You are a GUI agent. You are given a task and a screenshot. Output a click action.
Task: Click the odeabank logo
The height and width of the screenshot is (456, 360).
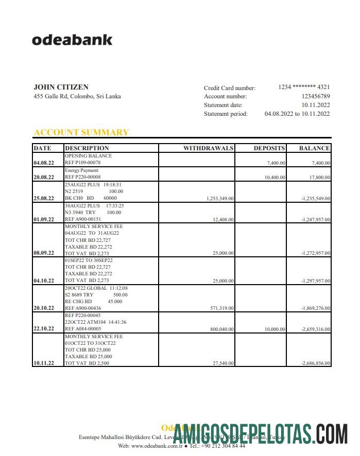click(72, 40)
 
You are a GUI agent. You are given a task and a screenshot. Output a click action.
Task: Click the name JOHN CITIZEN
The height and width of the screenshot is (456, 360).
click(61, 87)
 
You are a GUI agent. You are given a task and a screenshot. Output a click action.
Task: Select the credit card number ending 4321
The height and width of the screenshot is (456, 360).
click(304, 87)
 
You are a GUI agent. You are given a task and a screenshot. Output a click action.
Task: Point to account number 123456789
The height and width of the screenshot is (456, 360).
click(316, 96)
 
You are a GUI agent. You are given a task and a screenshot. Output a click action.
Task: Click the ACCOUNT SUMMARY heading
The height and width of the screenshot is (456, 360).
click(81, 132)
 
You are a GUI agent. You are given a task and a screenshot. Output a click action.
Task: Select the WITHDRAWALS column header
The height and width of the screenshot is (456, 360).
click(208, 148)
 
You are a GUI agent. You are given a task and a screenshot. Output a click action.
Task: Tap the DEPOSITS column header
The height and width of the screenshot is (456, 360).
click(269, 148)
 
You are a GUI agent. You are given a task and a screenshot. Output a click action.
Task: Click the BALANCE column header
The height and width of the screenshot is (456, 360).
click(314, 148)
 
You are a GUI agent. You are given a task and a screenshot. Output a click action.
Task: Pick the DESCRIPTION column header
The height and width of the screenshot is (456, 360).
click(87, 148)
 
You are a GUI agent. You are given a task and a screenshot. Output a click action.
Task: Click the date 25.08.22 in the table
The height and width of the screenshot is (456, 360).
click(43, 198)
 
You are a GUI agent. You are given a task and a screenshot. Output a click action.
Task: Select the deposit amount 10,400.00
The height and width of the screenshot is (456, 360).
click(275, 178)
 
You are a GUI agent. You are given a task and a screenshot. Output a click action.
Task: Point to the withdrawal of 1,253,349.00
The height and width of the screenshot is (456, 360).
click(220, 198)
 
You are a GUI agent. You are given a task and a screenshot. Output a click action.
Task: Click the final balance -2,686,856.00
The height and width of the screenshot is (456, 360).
click(315, 363)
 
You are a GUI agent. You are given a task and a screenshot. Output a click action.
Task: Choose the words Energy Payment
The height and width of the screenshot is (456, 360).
click(81, 170)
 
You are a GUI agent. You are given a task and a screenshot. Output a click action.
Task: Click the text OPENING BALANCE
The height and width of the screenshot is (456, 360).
click(88, 156)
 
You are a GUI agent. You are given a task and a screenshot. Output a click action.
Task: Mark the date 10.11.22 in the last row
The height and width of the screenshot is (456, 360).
click(43, 363)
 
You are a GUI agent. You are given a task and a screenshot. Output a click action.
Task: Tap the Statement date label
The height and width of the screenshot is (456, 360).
click(223, 105)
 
